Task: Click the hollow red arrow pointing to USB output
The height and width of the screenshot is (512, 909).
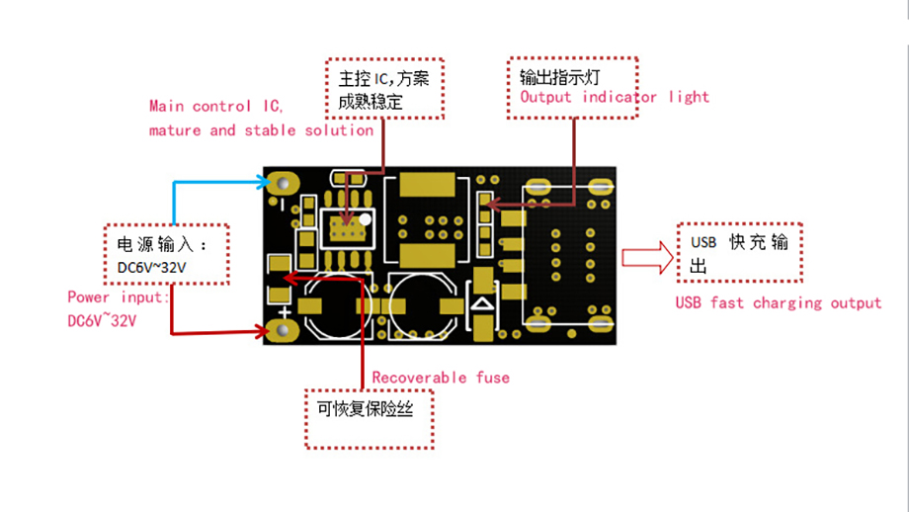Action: pos(647,257)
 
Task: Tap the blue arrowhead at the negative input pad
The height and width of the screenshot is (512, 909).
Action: pos(264,183)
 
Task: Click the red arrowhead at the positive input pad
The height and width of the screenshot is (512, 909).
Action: pos(264,332)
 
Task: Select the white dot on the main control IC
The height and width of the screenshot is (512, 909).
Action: pos(366,219)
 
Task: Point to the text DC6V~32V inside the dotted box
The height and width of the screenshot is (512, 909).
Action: pos(152,267)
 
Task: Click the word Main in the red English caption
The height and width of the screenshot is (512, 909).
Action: pos(166,106)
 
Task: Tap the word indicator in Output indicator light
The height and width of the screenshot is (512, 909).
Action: pos(620,97)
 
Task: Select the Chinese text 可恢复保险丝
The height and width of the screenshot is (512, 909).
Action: pos(366,409)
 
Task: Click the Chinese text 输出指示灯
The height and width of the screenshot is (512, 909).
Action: pos(559,76)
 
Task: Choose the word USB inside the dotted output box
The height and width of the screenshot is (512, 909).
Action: pos(703,242)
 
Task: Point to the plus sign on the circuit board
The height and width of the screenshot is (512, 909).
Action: pos(285,313)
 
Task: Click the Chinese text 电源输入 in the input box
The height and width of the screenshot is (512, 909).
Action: pos(155,244)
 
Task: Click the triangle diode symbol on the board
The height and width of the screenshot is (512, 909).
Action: pos(482,303)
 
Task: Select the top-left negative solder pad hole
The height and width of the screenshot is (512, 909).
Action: pos(283,183)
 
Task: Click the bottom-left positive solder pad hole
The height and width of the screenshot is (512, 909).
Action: pos(283,330)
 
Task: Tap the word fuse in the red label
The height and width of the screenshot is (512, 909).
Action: pos(493,378)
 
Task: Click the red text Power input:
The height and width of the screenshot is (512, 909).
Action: pos(119,298)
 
